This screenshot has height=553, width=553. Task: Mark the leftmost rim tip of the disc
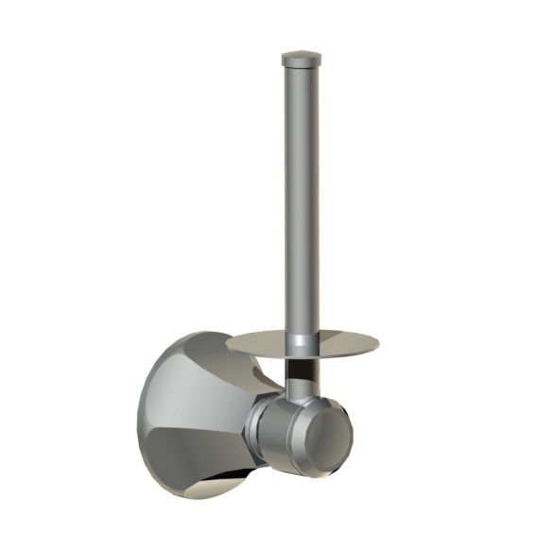click(226, 341)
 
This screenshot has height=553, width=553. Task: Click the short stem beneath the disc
click(300, 373)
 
